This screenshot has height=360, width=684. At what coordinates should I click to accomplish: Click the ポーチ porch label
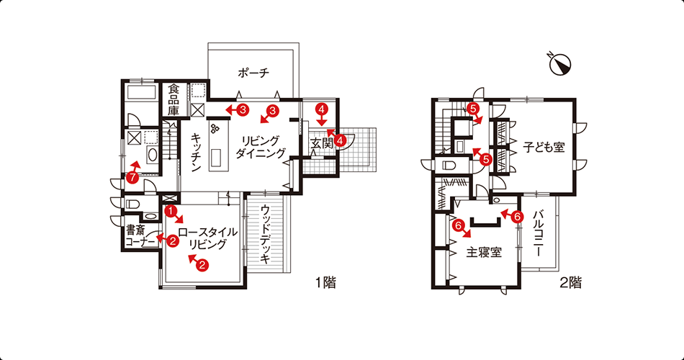click(253, 73)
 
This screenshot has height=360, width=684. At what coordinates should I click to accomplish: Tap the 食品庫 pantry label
click(174, 100)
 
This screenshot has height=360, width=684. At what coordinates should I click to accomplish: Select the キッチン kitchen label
click(195, 153)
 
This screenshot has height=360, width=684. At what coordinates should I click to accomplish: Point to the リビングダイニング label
click(260, 147)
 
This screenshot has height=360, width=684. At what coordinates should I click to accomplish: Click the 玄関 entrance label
click(322, 143)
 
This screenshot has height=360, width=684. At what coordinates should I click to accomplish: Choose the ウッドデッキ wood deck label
click(265, 234)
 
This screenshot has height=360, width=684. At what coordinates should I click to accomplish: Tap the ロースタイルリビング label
click(207, 238)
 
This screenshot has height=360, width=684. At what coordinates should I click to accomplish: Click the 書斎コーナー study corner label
click(140, 235)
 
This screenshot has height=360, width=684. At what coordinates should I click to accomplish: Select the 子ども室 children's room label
click(544, 148)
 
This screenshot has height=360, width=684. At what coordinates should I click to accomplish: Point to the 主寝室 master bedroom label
click(484, 252)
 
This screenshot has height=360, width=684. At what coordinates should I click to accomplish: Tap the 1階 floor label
click(326, 283)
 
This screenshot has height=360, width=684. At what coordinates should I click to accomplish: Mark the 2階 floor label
click(571, 283)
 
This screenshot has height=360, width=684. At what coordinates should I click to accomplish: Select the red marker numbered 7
click(132, 177)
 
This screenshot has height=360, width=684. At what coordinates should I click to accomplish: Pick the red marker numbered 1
click(171, 211)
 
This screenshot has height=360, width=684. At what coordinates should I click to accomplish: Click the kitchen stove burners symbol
click(215, 128)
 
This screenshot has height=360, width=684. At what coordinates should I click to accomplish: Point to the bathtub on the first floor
click(141, 93)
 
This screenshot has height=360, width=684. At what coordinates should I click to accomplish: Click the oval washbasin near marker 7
click(153, 155)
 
